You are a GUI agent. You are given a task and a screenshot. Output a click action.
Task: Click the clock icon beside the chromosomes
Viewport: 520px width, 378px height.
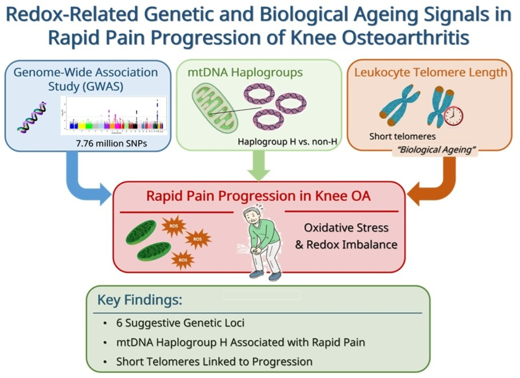pos(454,116)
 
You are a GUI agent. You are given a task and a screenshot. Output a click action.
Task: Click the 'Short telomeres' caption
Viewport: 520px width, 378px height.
pos(403,136)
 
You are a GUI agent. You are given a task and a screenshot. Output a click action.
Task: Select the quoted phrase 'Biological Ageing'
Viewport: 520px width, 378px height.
pos(434,150)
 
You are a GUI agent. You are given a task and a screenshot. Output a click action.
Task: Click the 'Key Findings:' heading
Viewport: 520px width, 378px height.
pos(139,300)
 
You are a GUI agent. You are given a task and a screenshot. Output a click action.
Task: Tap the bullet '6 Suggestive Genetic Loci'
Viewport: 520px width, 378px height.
pos(180,323)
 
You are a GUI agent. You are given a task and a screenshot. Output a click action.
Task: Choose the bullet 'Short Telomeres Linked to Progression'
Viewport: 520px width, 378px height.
pos(214,362)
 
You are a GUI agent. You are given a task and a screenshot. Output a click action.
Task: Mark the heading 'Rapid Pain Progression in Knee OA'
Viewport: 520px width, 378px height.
pos(258,196)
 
